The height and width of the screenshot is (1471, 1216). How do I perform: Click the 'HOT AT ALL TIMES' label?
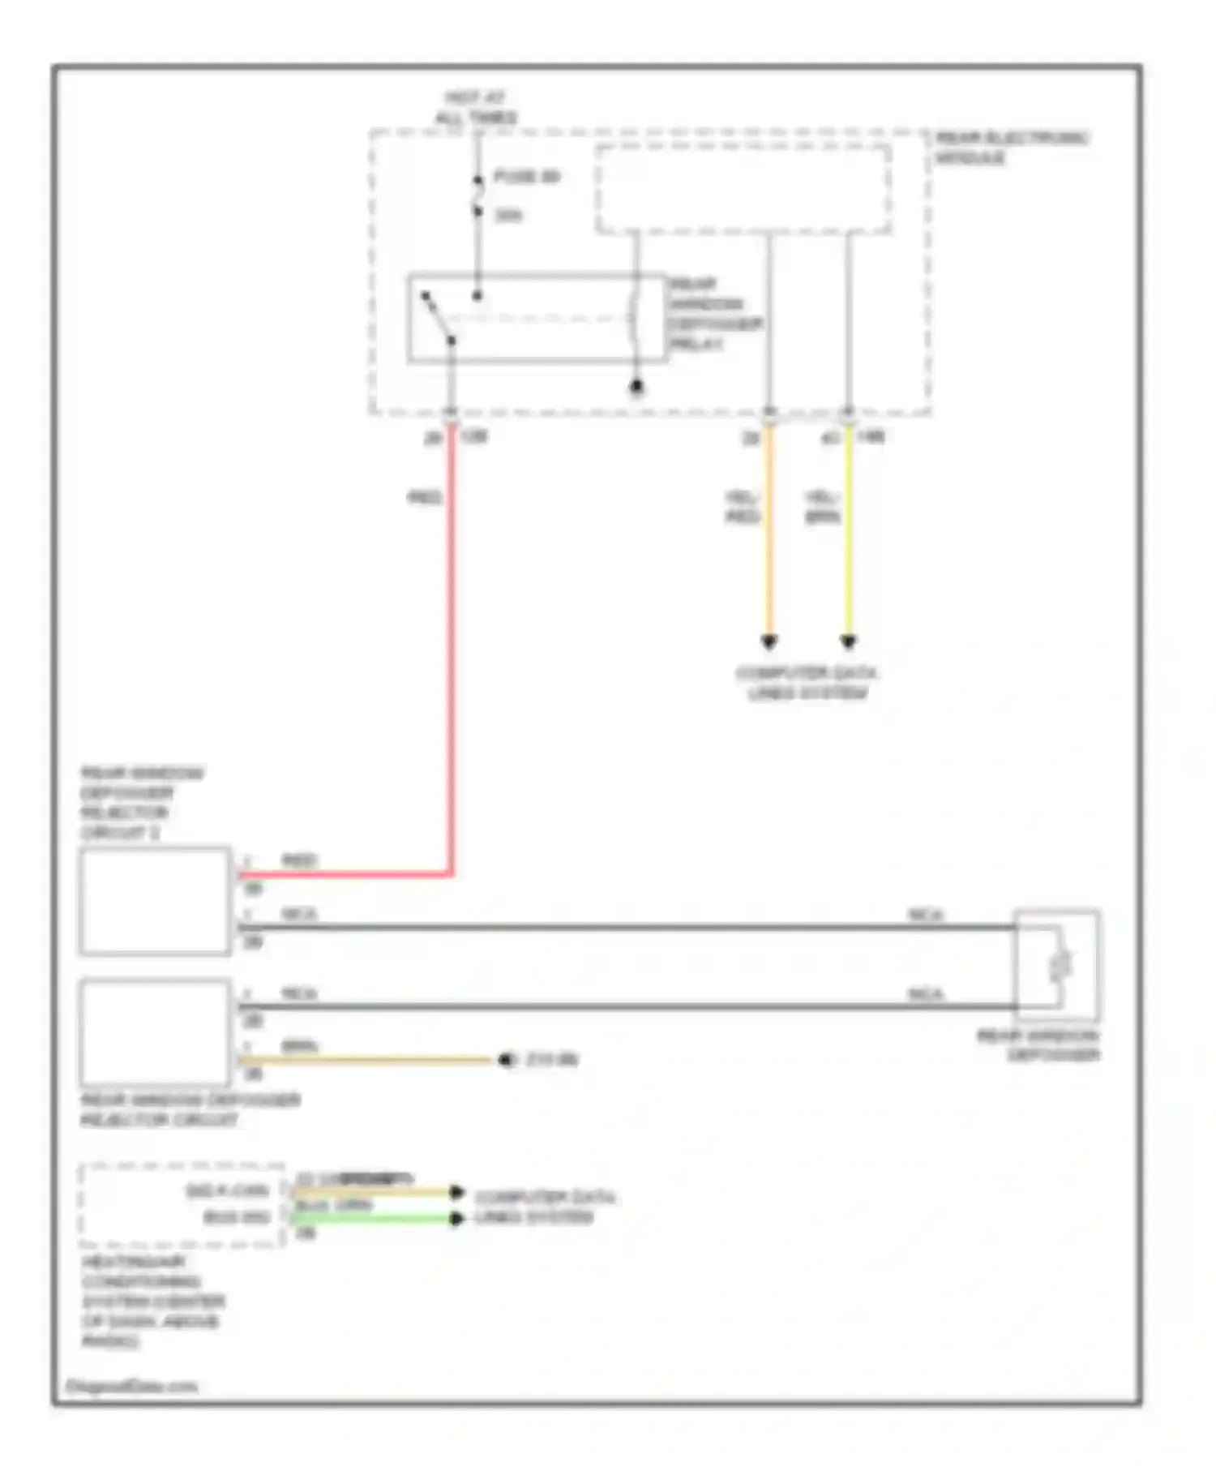point(476,108)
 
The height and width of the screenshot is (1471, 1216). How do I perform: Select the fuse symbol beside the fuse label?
point(478,195)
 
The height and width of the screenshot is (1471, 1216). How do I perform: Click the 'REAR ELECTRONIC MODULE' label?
point(1010,148)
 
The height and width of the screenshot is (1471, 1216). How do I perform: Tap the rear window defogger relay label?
point(713,314)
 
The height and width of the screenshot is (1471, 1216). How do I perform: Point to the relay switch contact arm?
point(439,317)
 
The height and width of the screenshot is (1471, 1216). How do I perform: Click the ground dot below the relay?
point(636,388)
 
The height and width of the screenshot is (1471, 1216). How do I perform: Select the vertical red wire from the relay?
point(452,649)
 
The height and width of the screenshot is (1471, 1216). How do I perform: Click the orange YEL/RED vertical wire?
point(769,535)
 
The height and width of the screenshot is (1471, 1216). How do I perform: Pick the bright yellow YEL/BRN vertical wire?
point(848,535)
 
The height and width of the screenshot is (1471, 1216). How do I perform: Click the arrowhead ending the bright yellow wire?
point(848,642)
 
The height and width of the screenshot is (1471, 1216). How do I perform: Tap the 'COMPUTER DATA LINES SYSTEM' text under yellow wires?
point(807,683)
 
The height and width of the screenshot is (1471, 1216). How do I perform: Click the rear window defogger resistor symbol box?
point(1058,965)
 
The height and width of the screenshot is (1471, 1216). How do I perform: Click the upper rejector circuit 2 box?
point(155,901)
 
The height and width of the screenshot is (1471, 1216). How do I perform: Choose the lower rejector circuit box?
point(155,1033)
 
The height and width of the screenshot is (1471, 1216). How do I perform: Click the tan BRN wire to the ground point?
point(365,1060)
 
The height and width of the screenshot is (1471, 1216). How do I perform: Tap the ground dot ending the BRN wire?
point(506,1060)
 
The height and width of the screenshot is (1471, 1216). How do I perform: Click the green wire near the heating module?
point(373,1218)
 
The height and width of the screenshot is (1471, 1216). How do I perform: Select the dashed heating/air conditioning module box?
point(182,1205)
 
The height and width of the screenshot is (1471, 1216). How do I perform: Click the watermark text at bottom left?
point(131,1386)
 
